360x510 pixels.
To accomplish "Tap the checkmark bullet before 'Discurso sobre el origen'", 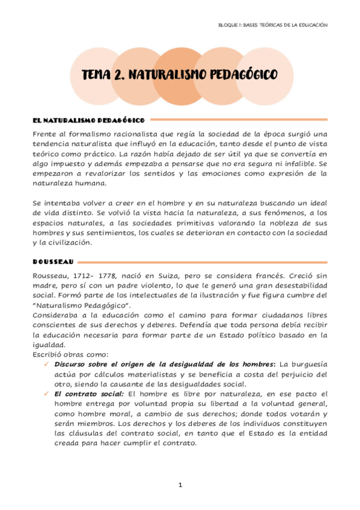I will pos(46,364).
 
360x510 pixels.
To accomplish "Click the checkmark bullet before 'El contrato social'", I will pos(46,393).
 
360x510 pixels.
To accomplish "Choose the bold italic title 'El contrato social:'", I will pos(84,393).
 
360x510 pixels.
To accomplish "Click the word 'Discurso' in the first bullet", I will pos(71,364).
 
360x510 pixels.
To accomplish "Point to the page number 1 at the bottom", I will pos(180,484).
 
